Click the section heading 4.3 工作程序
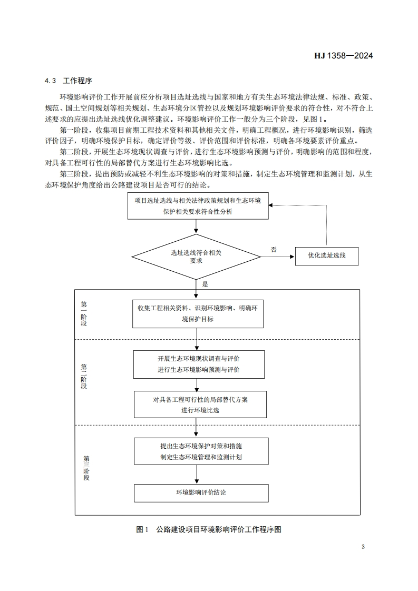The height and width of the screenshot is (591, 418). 69,81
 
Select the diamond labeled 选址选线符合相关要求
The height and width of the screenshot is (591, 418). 196,257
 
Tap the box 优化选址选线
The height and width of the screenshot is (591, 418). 327,256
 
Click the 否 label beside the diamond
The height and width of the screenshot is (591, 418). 274,250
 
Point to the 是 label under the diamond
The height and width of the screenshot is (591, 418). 205,284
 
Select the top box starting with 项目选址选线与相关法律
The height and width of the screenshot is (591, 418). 198,205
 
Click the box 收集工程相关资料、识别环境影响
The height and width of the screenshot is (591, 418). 198,313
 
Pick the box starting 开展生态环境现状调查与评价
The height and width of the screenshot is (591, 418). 199,364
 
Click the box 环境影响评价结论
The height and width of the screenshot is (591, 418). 201,493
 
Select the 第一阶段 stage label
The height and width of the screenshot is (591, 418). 84,314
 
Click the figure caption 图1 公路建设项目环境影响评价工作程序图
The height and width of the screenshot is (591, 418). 209,529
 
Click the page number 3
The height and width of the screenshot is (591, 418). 363,547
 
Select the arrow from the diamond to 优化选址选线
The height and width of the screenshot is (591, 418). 277,257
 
